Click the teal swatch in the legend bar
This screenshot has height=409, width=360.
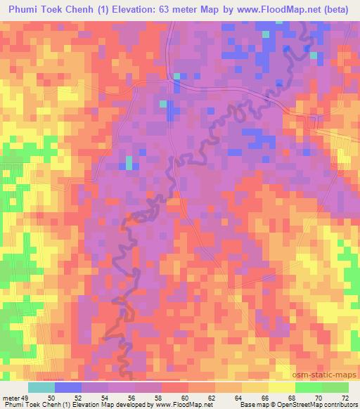coord(41,387)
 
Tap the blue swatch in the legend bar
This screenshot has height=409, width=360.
coord(68,387)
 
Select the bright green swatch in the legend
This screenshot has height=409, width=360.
coord(308,387)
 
